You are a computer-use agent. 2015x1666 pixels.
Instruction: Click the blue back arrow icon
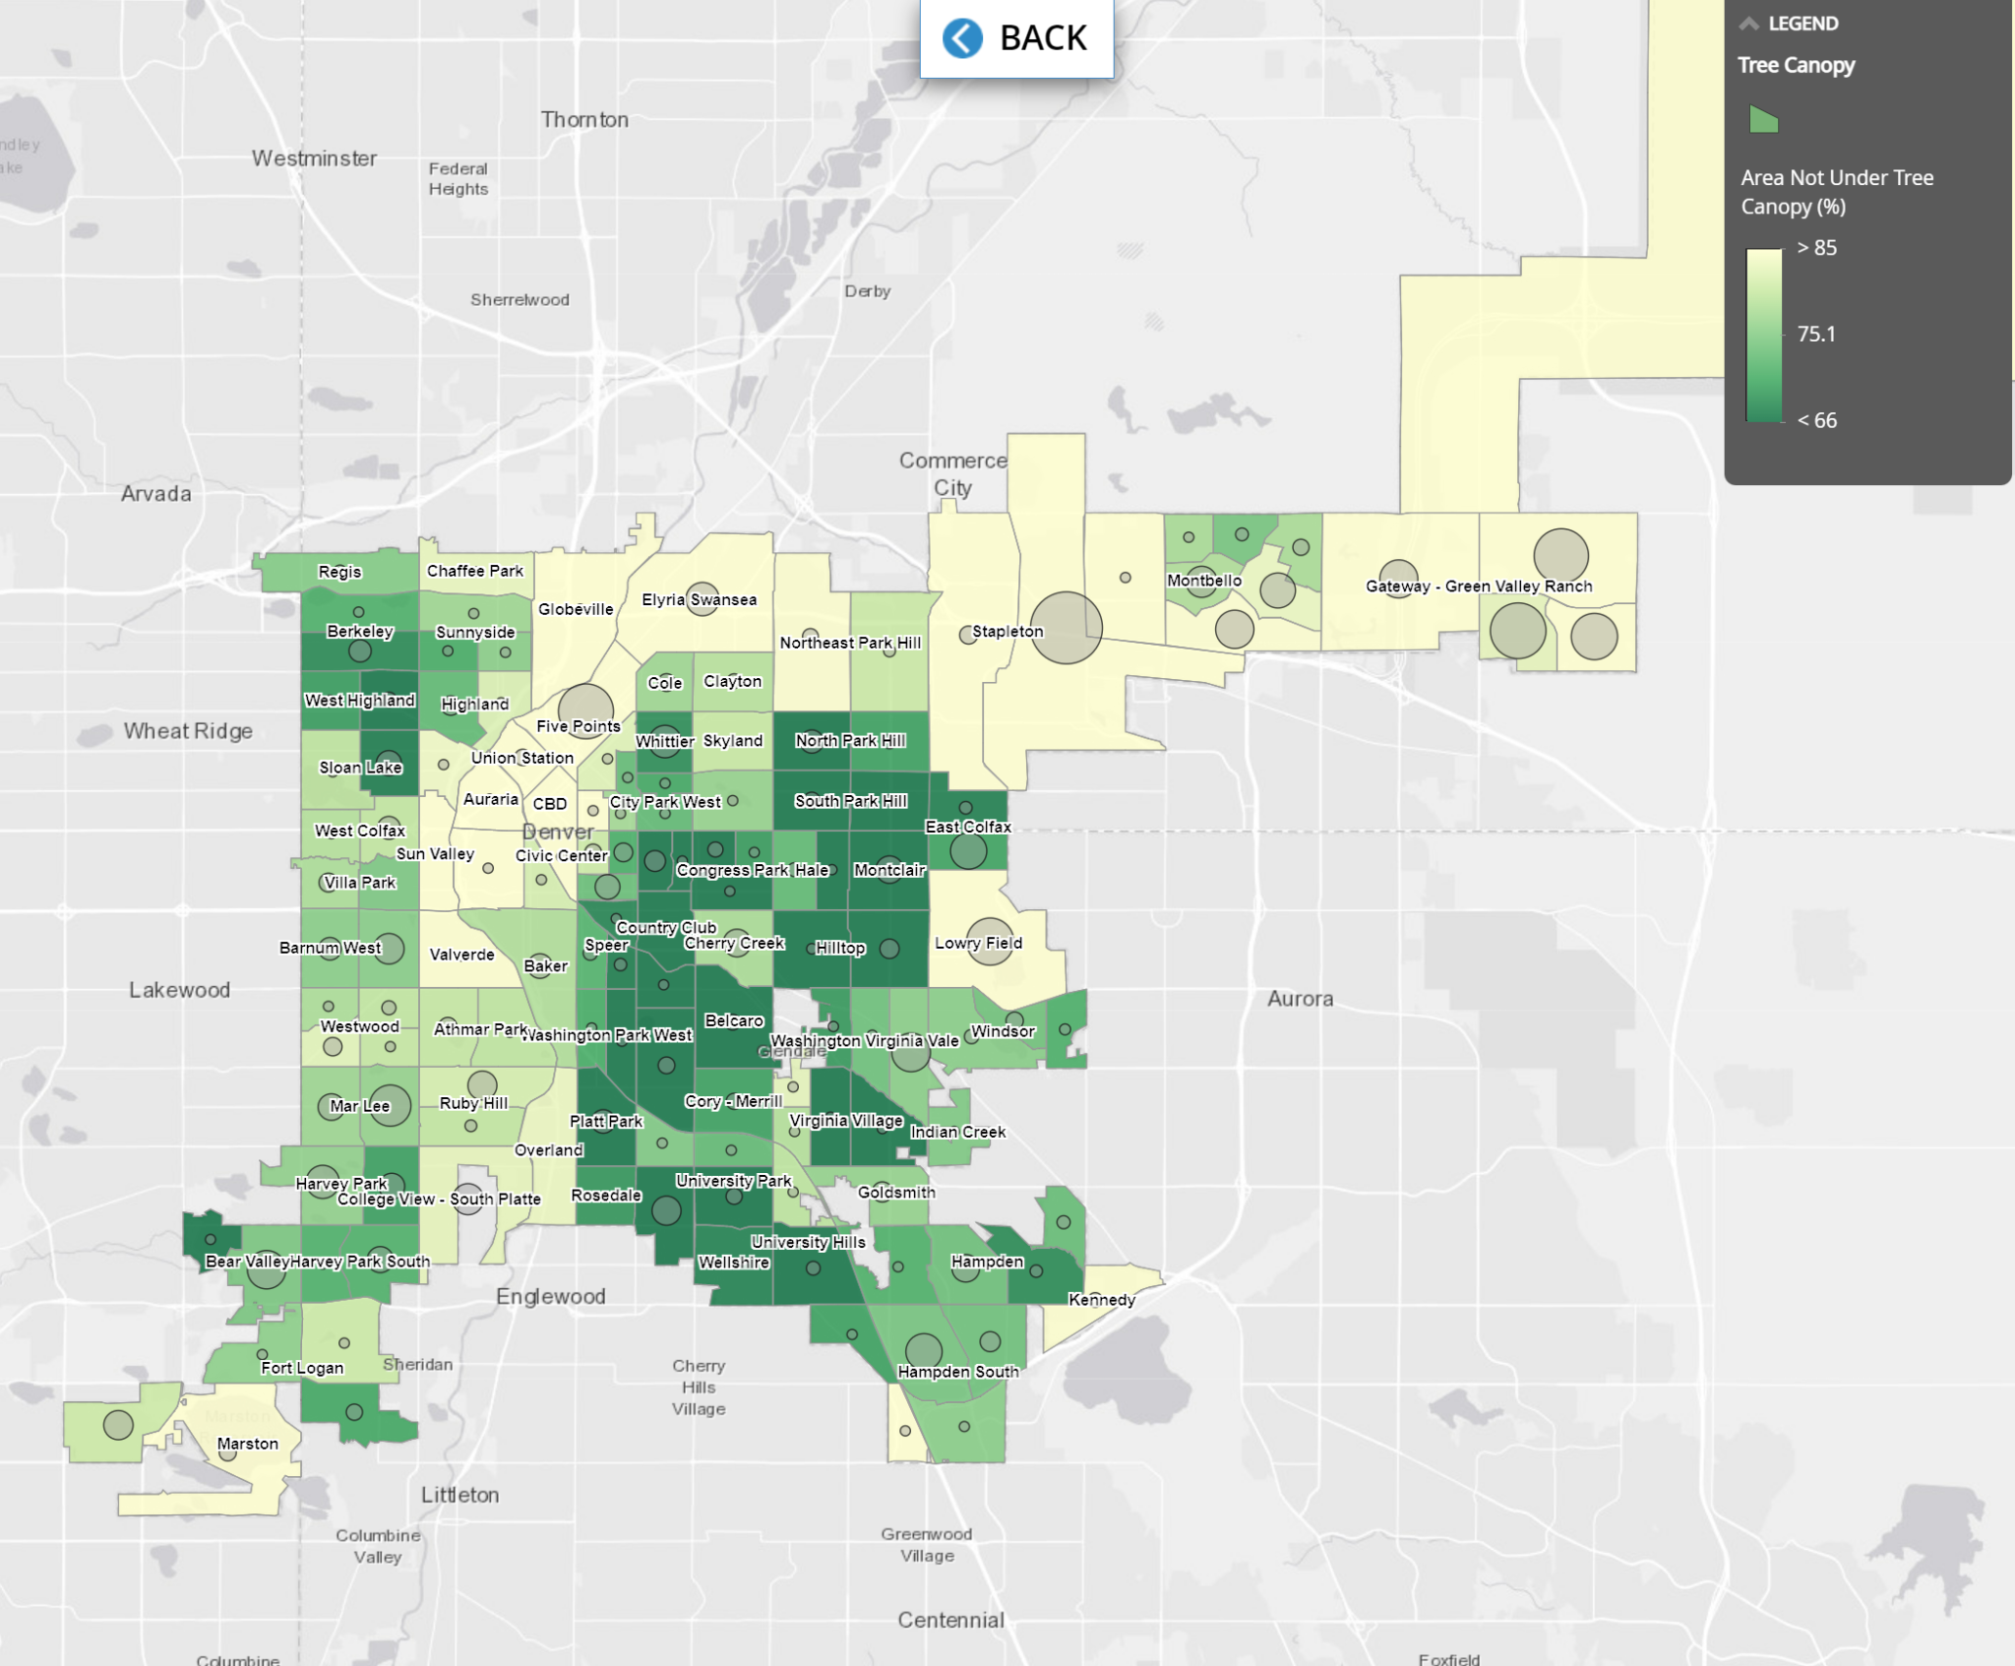click(961, 38)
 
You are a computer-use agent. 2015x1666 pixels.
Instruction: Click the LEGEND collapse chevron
click(1748, 24)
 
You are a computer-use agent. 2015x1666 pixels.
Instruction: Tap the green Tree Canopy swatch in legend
click(1763, 120)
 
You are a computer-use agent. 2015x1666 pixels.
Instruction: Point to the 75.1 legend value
click(1816, 335)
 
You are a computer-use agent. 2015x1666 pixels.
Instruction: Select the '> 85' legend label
click(1816, 248)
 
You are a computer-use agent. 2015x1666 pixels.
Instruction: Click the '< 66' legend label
click(1816, 420)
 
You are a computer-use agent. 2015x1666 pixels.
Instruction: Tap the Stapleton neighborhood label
click(1007, 632)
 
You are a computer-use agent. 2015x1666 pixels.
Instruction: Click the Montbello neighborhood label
click(1204, 581)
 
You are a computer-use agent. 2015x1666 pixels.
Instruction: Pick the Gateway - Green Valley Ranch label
click(1478, 586)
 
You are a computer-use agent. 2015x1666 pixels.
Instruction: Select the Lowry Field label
click(978, 943)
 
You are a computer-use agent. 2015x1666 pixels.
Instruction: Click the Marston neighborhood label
click(247, 1444)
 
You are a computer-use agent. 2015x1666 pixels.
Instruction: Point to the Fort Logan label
click(302, 1368)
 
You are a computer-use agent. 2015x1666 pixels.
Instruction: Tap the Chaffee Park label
click(474, 571)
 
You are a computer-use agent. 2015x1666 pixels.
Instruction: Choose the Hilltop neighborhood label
click(840, 948)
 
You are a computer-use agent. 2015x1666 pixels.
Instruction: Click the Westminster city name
click(314, 158)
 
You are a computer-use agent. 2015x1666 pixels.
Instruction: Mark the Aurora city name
click(1300, 999)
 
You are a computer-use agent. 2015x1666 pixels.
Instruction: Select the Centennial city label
click(950, 1620)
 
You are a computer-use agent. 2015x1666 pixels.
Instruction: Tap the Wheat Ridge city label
click(188, 731)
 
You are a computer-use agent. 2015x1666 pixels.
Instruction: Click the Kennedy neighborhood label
click(1102, 1300)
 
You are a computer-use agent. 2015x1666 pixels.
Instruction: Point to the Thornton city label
click(584, 120)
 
